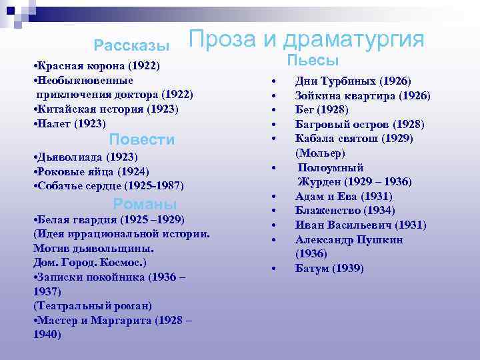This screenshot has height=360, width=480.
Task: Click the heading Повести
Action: [x=142, y=139]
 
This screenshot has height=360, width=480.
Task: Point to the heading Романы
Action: [x=145, y=204]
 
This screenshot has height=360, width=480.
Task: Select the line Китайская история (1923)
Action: [x=105, y=109]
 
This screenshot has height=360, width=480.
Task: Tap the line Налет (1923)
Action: [x=69, y=123]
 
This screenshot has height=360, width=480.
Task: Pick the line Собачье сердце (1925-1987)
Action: [x=107, y=185]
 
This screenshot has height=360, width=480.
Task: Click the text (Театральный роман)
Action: [x=92, y=305]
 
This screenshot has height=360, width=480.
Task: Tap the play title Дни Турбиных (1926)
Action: [x=353, y=81]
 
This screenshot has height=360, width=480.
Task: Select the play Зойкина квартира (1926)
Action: [x=363, y=95]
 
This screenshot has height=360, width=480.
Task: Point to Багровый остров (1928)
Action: [x=360, y=124]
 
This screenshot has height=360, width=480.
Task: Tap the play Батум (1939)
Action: [x=329, y=268]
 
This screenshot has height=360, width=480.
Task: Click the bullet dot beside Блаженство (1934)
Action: [x=273, y=211]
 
